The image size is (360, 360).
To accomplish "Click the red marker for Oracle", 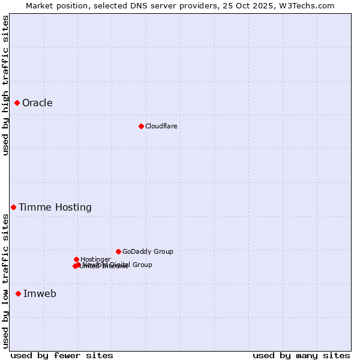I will (17, 103).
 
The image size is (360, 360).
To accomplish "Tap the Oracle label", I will (37, 103).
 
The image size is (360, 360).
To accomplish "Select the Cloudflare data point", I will (141, 126).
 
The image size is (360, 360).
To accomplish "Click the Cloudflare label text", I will (161, 126).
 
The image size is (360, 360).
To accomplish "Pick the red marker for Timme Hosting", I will (13, 207).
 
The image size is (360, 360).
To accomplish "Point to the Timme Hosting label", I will (55, 208).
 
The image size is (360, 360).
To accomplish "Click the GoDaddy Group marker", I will (118, 251).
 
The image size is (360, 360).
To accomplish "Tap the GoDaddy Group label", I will (148, 252).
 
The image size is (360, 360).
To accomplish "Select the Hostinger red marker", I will (76, 259).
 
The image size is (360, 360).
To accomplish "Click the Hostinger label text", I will (95, 259).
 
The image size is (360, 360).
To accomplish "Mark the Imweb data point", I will (18, 293).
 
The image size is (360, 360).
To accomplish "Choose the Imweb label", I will (40, 294).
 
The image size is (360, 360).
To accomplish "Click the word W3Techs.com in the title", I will (309, 5).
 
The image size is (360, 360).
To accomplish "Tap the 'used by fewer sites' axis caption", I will (62, 355).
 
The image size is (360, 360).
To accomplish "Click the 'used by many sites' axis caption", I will (301, 355).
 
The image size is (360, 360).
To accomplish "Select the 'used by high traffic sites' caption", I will (5, 85).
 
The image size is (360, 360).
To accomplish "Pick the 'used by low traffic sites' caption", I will (5, 280).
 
